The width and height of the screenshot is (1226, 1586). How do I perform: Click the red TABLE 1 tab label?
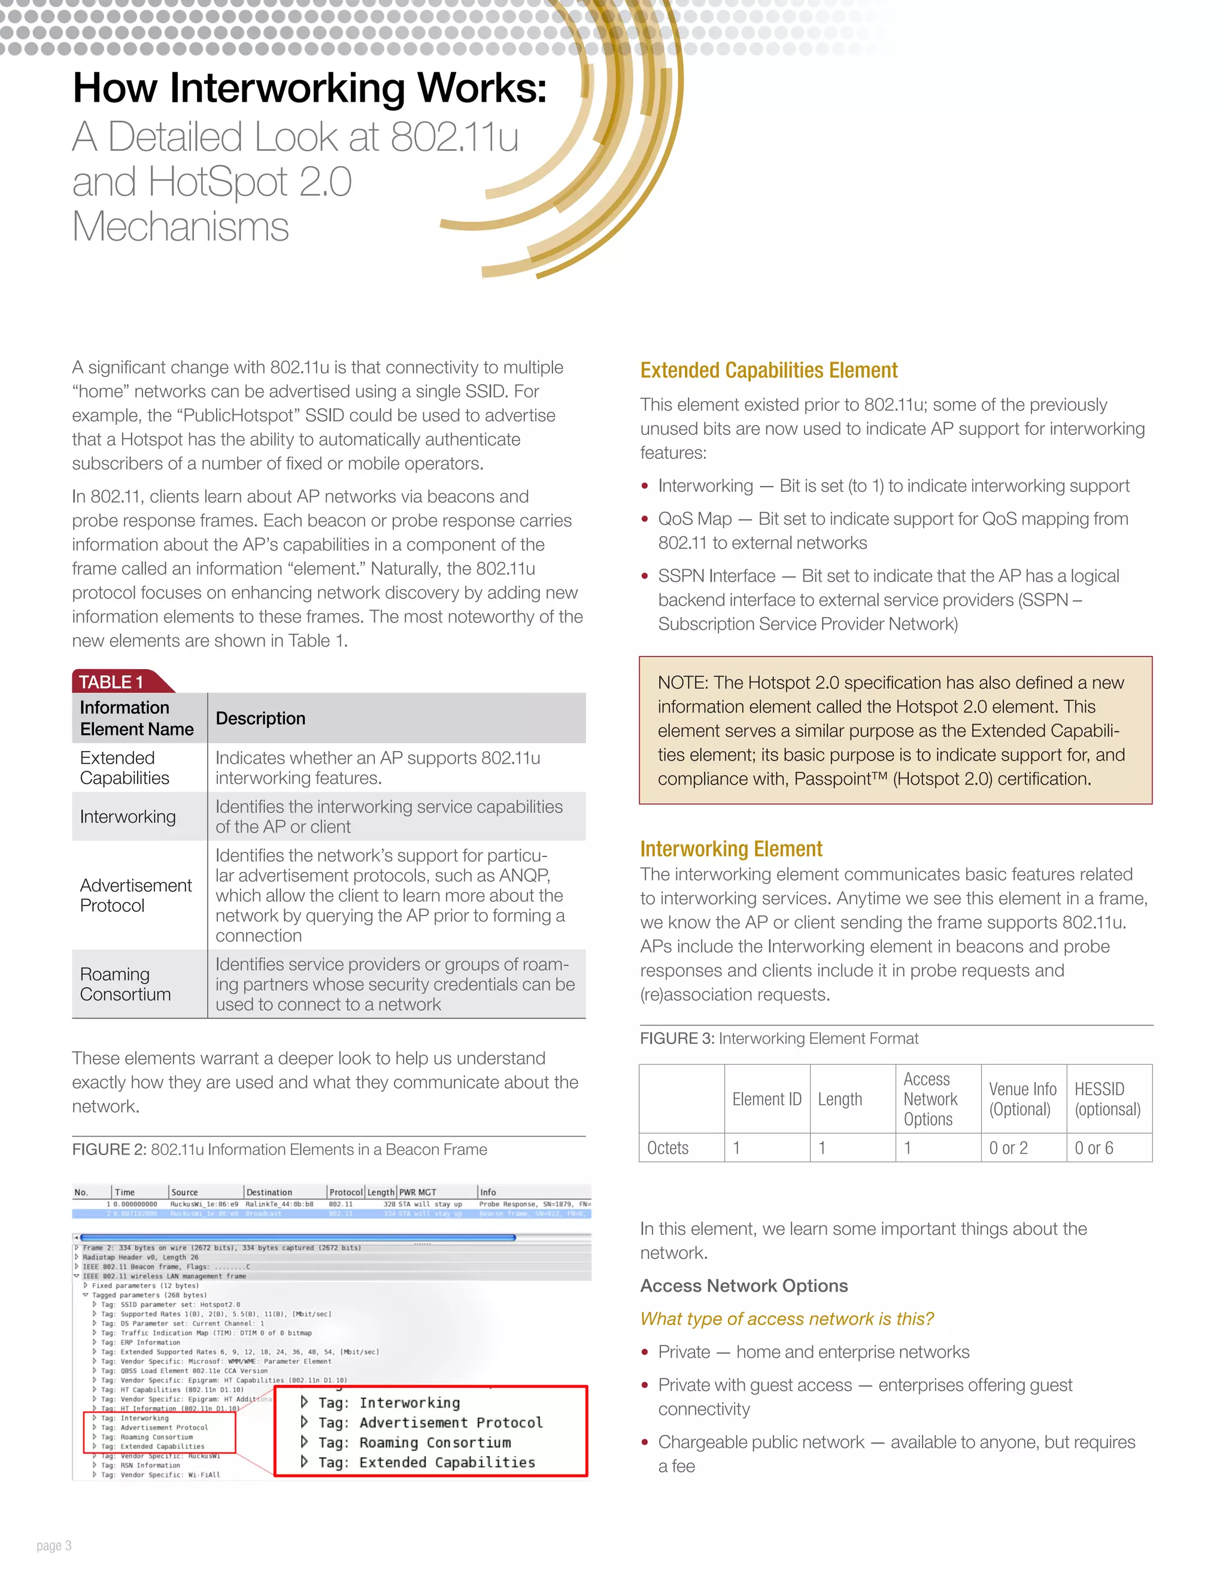tap(111, 682)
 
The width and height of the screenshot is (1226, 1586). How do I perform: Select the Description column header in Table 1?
tap(260, 718)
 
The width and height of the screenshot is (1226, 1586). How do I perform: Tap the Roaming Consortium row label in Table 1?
tap(125, 984)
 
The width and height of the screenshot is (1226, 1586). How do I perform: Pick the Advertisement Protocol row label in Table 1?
tap(135, 895)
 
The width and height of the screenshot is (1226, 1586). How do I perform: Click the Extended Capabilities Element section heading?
tap(769, 370)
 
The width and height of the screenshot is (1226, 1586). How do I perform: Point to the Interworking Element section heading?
tap(731, 848)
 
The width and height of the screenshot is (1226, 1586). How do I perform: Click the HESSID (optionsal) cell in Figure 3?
tap(1107, 1099)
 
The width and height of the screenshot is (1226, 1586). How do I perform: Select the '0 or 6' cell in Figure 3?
tap(1094, 1147)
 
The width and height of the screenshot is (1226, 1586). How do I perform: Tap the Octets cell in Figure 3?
tap(667, 1147)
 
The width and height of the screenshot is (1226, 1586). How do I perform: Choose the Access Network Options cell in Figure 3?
tap(930, 1099)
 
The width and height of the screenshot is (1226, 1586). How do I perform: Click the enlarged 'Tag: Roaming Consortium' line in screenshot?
tap(414, 1442)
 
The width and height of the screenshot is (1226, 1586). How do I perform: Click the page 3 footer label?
tap(54, 1545)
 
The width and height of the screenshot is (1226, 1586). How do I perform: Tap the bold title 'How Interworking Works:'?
tap(309, 88)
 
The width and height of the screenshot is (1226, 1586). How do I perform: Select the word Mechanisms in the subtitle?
tap(180, 227)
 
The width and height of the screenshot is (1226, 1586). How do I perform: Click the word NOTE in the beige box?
tap(682, 683)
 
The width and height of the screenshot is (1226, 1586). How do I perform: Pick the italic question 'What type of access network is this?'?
tap(787, 1318)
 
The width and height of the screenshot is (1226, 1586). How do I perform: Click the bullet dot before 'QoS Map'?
tap(644, 519)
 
